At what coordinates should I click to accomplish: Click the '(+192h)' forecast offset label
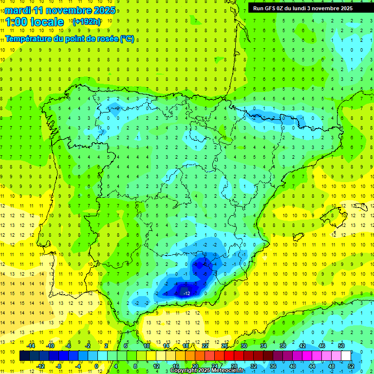click(87, 22)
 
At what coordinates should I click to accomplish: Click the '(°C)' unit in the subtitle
click(127, 38)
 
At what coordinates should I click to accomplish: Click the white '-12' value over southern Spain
click(187, 293)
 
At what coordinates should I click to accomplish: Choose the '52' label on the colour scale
click(351, 366)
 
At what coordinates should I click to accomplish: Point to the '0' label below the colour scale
click(96, 366)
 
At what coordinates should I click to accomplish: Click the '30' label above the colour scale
click(244, 346)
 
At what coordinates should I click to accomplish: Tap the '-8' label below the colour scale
click(59, 366)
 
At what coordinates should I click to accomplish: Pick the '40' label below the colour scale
click(292, 366)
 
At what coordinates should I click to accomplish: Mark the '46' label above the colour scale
click(321, 346)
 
